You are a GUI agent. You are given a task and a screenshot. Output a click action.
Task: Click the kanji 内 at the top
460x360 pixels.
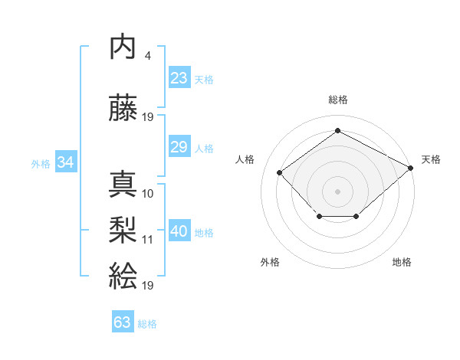coord(123,47)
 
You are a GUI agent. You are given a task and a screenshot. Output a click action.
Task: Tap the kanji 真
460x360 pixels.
coord(123,184)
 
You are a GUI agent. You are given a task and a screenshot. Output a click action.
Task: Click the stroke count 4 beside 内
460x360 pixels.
coord(147,56)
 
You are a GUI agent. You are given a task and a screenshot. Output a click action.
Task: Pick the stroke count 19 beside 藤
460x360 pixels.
coord(148,116)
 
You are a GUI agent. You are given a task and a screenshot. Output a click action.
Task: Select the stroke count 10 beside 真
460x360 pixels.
coord(148,194)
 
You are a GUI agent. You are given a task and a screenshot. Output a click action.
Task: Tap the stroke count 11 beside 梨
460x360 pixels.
coord(148,239)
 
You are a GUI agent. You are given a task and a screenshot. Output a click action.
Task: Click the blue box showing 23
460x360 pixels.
coord(179,78)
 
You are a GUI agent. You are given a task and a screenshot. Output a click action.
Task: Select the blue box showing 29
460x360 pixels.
coord(179,147)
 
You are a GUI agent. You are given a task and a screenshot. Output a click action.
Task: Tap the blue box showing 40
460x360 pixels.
coord(179,232)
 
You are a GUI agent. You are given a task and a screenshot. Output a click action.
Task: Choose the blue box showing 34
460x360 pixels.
coord(65,162)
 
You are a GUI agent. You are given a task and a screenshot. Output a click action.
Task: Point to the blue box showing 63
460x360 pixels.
coord(123,322)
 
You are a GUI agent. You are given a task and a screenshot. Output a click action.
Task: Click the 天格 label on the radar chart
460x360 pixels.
coord(431,159)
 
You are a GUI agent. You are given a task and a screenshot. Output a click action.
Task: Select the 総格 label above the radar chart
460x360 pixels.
coord(337,100)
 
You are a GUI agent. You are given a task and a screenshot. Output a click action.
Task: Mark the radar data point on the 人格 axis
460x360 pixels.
coord(280,172)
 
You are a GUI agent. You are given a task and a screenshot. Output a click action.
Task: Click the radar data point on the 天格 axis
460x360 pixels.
coord(412,168)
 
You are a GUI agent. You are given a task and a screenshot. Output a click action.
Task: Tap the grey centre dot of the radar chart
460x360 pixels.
coord(337,191)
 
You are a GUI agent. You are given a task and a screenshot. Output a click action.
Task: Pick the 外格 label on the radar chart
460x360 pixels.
coord(270,262)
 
